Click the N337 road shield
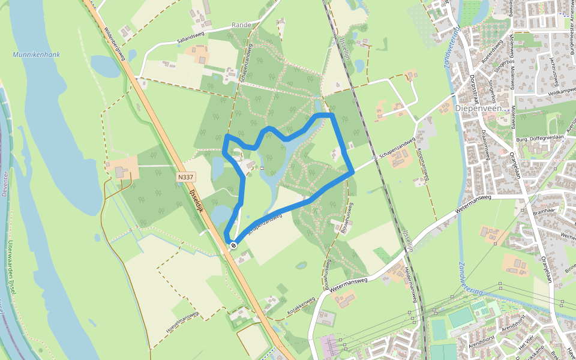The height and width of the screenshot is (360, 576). tap(186, 178)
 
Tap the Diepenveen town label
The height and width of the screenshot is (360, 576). tap(478, 109)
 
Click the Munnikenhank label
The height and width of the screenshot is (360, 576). tap(36, 55)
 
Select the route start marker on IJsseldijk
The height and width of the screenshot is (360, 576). tap(233, 245)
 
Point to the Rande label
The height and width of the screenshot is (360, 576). tap(241, 26)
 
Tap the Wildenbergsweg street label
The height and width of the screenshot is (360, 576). tap(114, 44)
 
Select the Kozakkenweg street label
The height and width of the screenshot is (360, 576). tap(301, 303)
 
